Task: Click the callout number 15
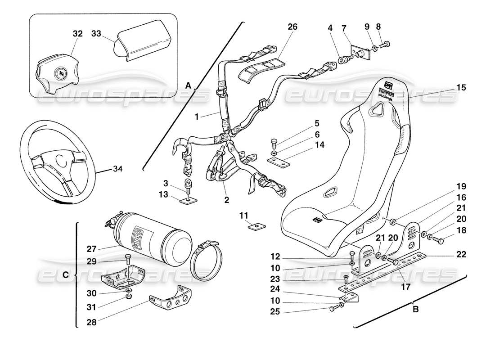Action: coord(461,88)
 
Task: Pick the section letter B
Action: coord(415,310)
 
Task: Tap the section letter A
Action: coord(188,85)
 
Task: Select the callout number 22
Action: coord(461,254)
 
